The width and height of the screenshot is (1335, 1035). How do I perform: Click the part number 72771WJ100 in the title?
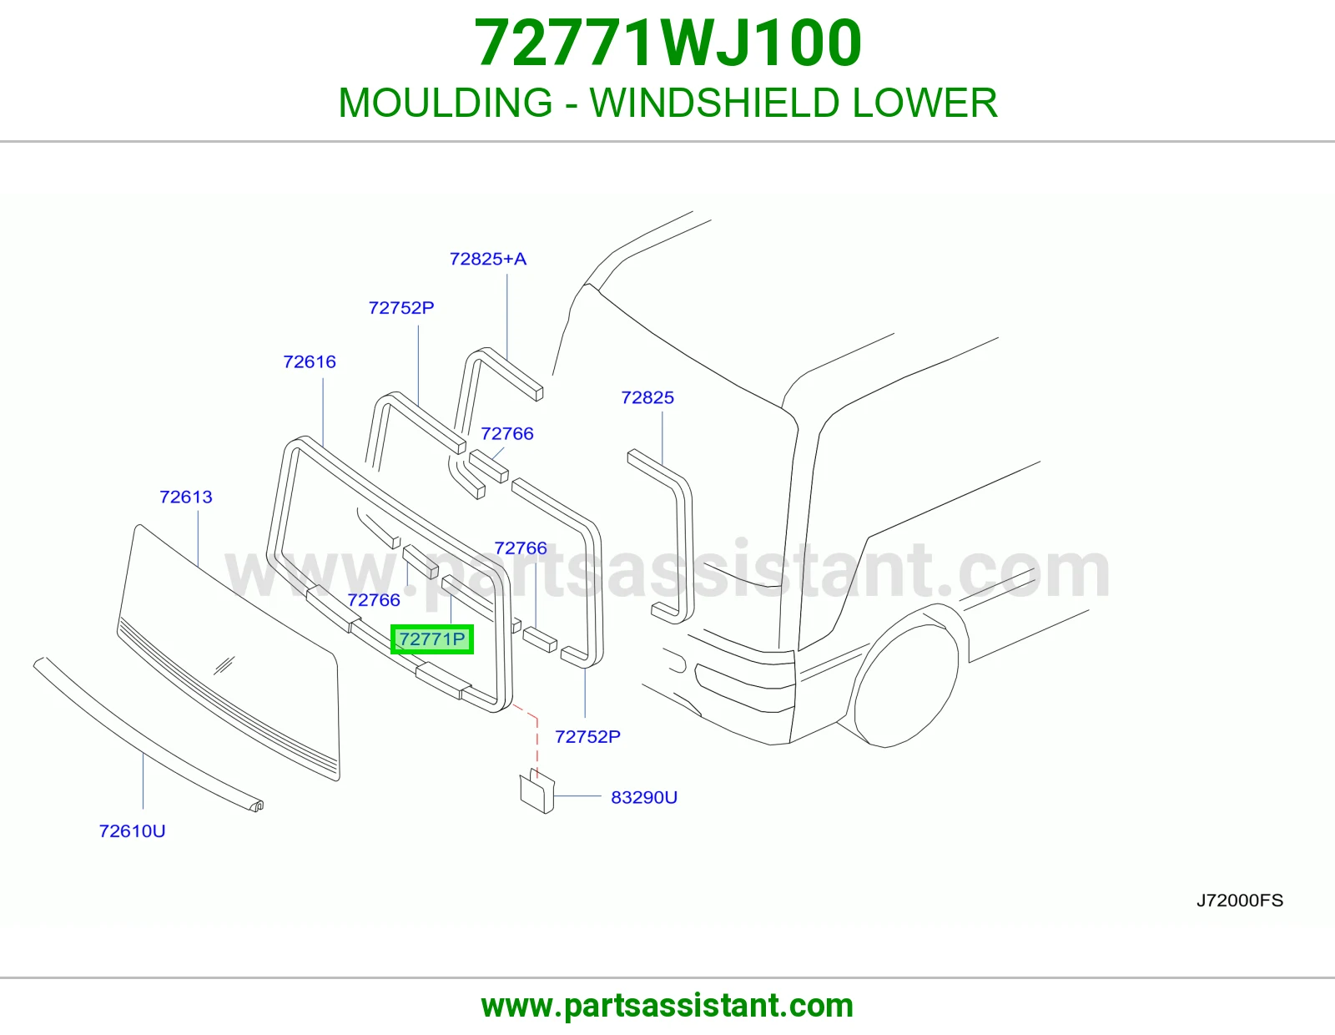pyautogui.click(x=667, y=43)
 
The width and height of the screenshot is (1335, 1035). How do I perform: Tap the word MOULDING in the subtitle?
pyautogui.click(x=446, y=103)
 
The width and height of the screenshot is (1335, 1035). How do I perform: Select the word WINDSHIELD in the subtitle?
pyautogui.click(x=714, y=103)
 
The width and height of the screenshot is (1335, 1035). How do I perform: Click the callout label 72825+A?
pyautogui.click(x=488, y=259)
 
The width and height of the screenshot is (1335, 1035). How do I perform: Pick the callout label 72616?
pyautogui.click(x=309, y=361)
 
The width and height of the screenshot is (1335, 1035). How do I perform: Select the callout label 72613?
pyautogui.click(x=185, y=497)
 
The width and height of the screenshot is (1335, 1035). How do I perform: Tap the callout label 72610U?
pyautogui.click(x=132, y=831)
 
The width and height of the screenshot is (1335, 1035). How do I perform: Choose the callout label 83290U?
pyautogui.click(x=644, y=797)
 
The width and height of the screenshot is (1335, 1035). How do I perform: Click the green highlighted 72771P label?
pyautogui.click(x=432, y=639)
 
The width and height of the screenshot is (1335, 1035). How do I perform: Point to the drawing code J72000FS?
pyautogui.click(x=1240, y=901)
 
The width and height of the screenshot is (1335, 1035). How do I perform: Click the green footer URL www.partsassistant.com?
pyautogui.click(x=667, y=1006)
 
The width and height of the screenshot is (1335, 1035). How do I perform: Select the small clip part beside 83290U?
pyautogui.click(x=537, y=791)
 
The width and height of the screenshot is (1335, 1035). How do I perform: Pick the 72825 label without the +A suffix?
pyautogui.click(x=647, y=397)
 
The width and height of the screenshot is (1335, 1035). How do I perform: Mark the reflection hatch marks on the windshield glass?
pyautogui.click(x=224, y=665)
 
